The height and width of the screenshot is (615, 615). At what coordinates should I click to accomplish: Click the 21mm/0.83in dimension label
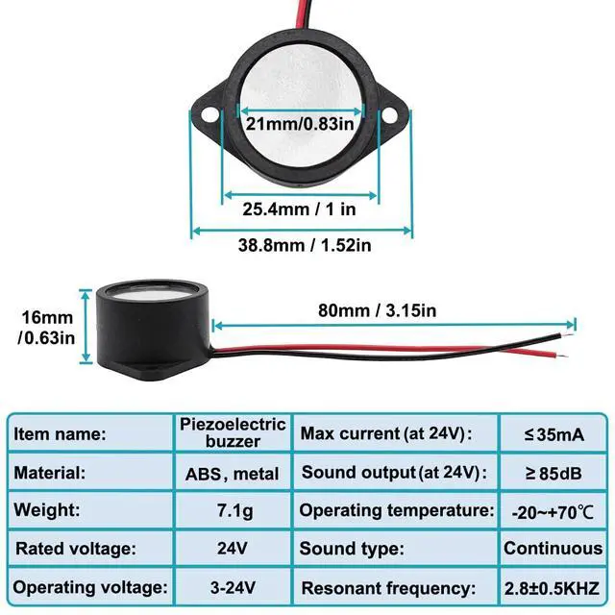[300, 124]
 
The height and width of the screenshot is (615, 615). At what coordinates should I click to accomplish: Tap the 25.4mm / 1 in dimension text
[299, 209]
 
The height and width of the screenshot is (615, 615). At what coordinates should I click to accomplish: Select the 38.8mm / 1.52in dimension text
[305, 246]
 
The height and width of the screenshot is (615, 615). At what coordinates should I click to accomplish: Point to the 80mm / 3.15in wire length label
[377, 310]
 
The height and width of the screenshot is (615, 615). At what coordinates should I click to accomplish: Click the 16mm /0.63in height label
[47, 328]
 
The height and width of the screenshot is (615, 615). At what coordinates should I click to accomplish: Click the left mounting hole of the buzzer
[209, 115]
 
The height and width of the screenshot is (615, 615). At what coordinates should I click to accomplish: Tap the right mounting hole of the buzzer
[388, 115]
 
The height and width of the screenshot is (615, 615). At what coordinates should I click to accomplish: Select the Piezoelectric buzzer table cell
[233, 433]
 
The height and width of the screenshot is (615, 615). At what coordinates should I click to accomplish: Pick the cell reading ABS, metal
[233, 474]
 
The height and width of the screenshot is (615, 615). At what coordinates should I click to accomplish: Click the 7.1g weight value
[234, 511]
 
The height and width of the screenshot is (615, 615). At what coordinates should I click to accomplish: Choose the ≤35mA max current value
[554, 435]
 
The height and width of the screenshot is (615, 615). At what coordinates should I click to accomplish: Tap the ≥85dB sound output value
[553, 474]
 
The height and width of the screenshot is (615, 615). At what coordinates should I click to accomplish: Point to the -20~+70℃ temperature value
[553, 512]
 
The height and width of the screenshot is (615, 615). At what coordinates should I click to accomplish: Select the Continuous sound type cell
[553, 549]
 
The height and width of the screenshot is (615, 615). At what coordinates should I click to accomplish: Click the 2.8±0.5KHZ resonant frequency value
[553, 588]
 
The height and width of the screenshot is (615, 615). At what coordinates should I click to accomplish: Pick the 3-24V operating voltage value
[233, 587]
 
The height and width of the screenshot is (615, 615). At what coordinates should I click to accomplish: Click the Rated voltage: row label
[76, 549]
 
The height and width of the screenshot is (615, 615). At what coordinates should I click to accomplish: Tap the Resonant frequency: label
[388, 588]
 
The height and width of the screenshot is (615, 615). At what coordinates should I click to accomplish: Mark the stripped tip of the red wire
[562, 357]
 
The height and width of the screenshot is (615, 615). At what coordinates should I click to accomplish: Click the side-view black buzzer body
[153, 331]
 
